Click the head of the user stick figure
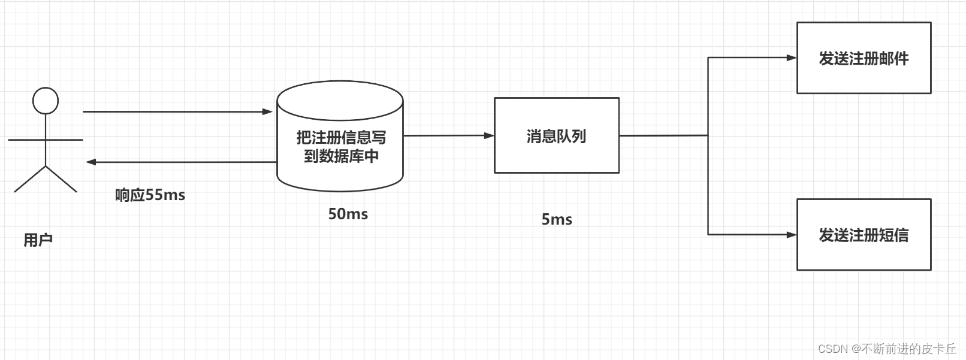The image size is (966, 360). pos(46,101)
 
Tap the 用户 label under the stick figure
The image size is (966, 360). pos(38,240)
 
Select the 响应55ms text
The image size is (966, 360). pos(150,195)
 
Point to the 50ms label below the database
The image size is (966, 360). pos(348,214)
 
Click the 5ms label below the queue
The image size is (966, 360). pos(557,220)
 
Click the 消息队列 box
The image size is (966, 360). pos(556,136)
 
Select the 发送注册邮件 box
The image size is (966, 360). pos(864,58)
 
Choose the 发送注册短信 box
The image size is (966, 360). pos(864,235)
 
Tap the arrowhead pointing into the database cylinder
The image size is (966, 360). pos(268,111)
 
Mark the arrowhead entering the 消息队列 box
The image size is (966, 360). pos(489,136)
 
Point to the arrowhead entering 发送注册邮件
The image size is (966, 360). pos(792,58)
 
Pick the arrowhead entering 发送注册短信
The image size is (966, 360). pos(792,235)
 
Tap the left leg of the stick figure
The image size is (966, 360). pos(30,179)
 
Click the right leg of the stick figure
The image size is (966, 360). pos(61,179)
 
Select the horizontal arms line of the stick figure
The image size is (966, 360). pos(66,140)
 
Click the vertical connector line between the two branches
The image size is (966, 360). pos(708,180)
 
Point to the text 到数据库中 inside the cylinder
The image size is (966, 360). pos(341,157)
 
